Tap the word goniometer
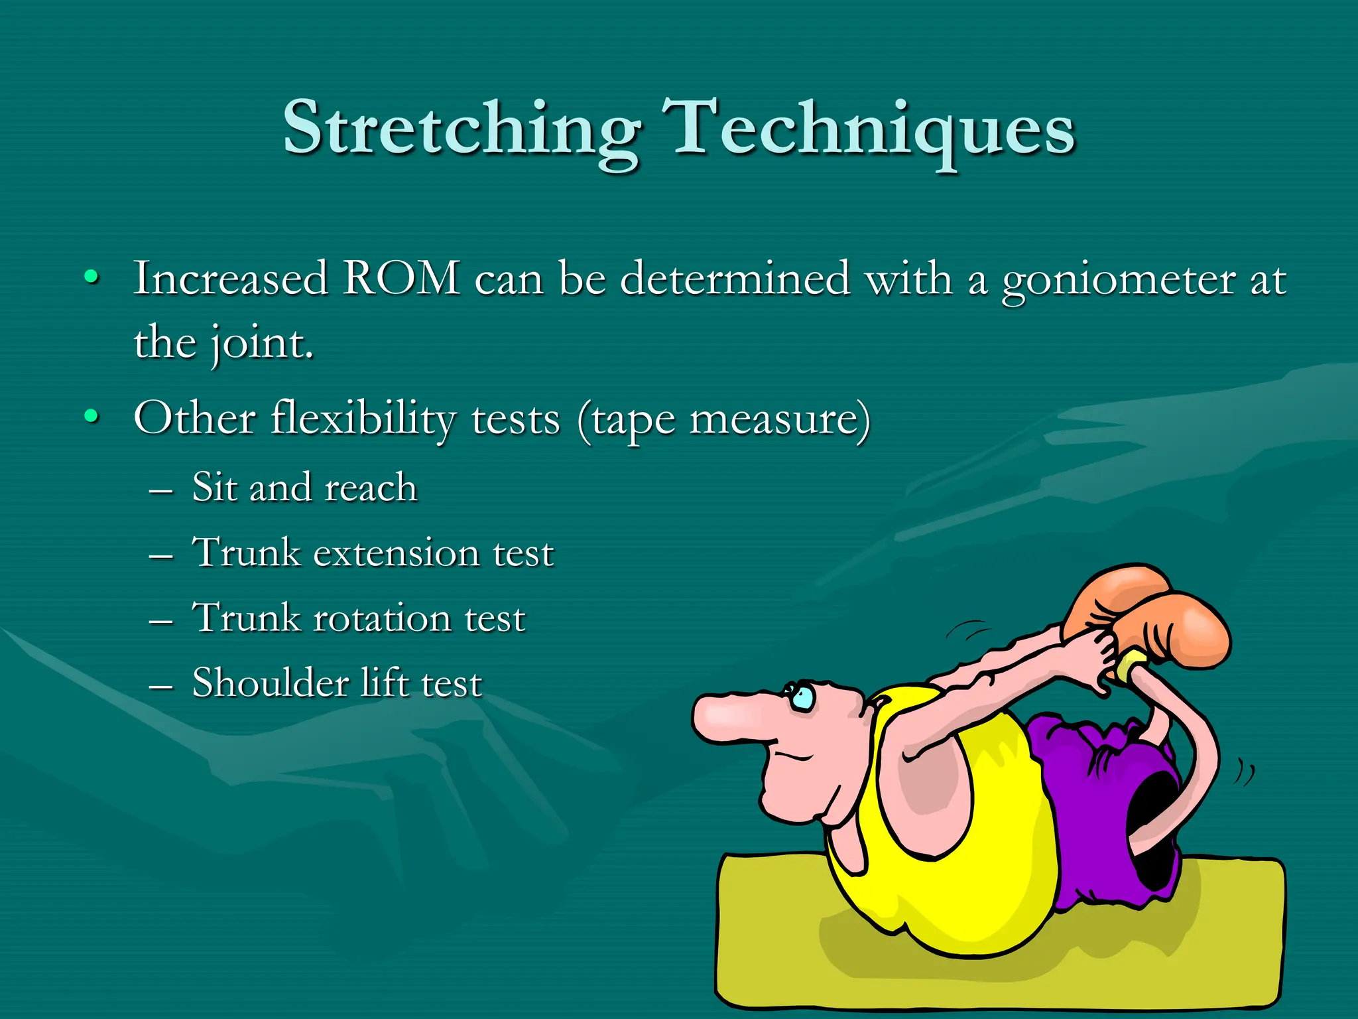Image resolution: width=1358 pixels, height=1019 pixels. tap(1118, 279)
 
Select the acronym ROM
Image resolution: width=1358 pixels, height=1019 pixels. tap(401, 278)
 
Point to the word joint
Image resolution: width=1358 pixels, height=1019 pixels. tap(261, 344)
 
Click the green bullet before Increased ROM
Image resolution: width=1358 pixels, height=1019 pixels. tap(92, 277)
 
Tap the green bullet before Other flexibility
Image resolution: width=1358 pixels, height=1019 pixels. tap(92, 417)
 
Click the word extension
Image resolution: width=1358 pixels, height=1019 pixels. tap(396, 553)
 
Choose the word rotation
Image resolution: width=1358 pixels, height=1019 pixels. tap(381, 618)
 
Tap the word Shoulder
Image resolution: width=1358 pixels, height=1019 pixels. tap(271, 683)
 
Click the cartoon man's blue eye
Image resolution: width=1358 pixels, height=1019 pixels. tap(804, 697)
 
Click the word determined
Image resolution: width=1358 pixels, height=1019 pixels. tap(735, 278)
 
